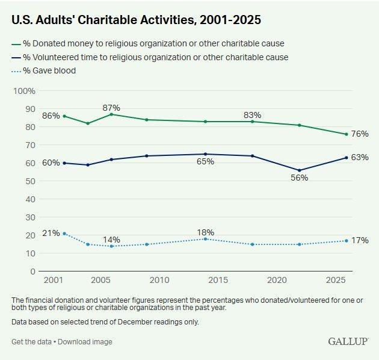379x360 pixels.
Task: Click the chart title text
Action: pos(136,20)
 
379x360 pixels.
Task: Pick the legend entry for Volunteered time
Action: pos(154,57)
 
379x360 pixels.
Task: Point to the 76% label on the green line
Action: pos(360,134)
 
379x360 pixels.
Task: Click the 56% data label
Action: pos(299,178)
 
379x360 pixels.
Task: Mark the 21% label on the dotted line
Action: pos(51,233)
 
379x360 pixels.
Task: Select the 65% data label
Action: pos(205,161)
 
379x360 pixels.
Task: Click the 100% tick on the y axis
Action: pos(25,91)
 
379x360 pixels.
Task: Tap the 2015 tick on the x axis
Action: pos(218,281)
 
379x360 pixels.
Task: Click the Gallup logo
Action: pos(348,341)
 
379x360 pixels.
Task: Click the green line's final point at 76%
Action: pos(347,134)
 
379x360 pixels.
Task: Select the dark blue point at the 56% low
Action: pos(299,170)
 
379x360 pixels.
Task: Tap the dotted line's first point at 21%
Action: pos(64,234)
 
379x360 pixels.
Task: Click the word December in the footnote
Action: pos(125,322)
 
